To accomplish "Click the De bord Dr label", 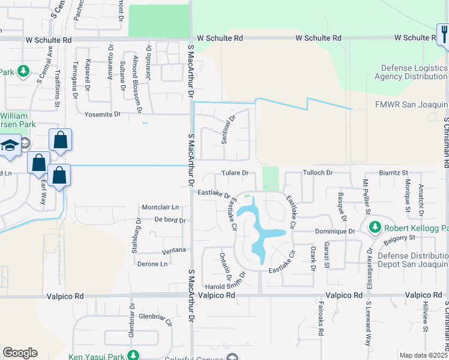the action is coord(169,220).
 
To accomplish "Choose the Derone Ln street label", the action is coord(152,264).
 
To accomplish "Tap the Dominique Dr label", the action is coord(335,231).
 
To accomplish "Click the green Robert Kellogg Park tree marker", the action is coord(375,227).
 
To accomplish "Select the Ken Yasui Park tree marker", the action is coord(134,356).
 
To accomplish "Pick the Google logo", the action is coord(20,353).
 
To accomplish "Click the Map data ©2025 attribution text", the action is coord(423,355).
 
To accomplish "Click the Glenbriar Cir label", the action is coord(155,319).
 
